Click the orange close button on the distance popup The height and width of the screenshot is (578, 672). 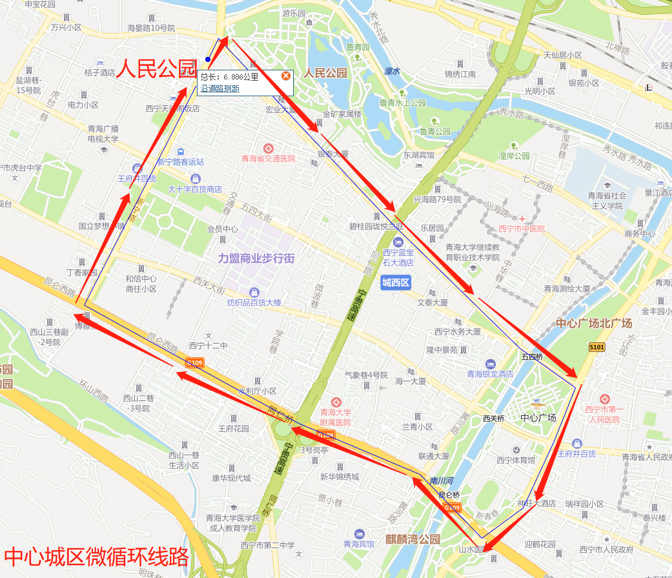pyautogui.click(x=285, y=76)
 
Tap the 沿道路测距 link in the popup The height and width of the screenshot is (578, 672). pyautogui.click(x=219, y=88)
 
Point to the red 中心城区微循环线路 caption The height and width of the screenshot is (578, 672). pyautogui.click(x=96, y=556)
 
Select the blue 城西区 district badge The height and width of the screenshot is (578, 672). pyautogui.click(x=396, y=282)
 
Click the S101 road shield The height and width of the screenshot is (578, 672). pyautogui.click(x=597, y=347)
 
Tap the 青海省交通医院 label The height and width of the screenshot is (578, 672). pyautogui.click(x=268, y=158)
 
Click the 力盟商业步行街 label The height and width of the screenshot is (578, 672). pyautogui.click(x=256, y=258)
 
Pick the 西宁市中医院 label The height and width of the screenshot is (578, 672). pyautogui.click(x=522, y=229)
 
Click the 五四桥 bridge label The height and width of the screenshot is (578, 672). pyautogui.click(x=533, y=356)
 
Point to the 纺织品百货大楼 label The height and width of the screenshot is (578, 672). pyautogui.click(x=254, y=302)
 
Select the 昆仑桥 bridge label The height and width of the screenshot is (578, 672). pyautogui.click(x=449, y=495)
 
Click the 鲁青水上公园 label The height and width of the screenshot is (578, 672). pyautogui.click(x=402, y=103)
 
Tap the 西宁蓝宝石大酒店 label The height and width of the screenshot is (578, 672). pyautogui.click(x=398, y=258)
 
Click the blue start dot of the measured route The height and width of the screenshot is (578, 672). pyautogui.click(x=207, y=59)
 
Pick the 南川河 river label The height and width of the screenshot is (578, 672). pyautogui.click(x=442, y=481)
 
